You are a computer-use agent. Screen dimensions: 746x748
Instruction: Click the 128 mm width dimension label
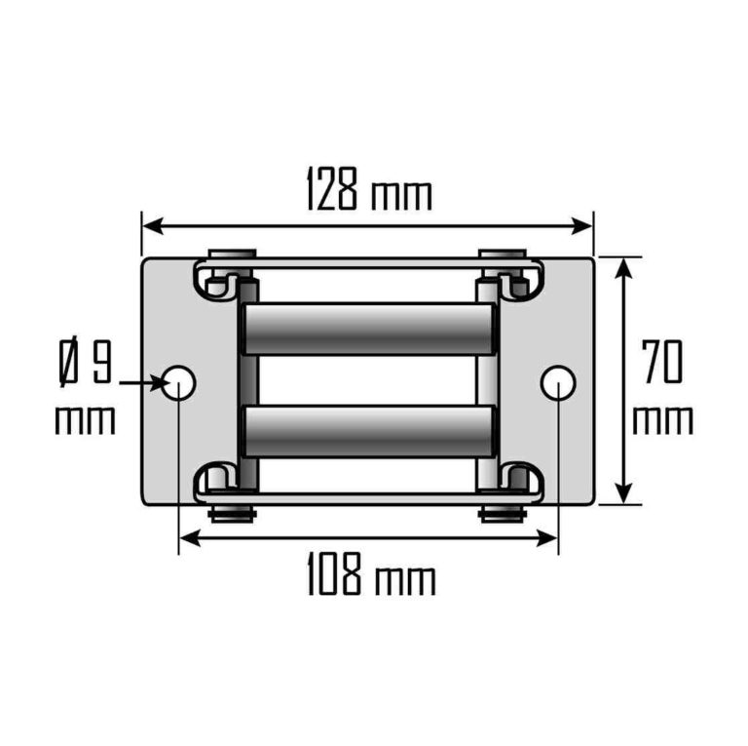pos(368,191)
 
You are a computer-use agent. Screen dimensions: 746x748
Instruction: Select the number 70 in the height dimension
pos(662,363)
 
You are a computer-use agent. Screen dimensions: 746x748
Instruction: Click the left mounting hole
pos(180,383)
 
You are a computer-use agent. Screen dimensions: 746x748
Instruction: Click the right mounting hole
pos(557,383)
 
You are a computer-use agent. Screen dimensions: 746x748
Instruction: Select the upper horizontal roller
pos(367,329)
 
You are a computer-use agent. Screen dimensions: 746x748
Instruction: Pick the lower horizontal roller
pos(367,431)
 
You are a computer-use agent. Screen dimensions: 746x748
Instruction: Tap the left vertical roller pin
pos(248,380)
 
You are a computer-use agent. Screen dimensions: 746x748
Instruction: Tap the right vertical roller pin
pos(486,380)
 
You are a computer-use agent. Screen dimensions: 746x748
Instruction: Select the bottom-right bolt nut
pos(504,513)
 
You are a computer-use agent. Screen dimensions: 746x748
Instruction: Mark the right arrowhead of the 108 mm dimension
pos(549,537)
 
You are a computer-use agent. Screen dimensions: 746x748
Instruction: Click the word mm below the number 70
pos(662,421)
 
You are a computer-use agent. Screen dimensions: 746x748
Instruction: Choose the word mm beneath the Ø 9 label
pos(86,420)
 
